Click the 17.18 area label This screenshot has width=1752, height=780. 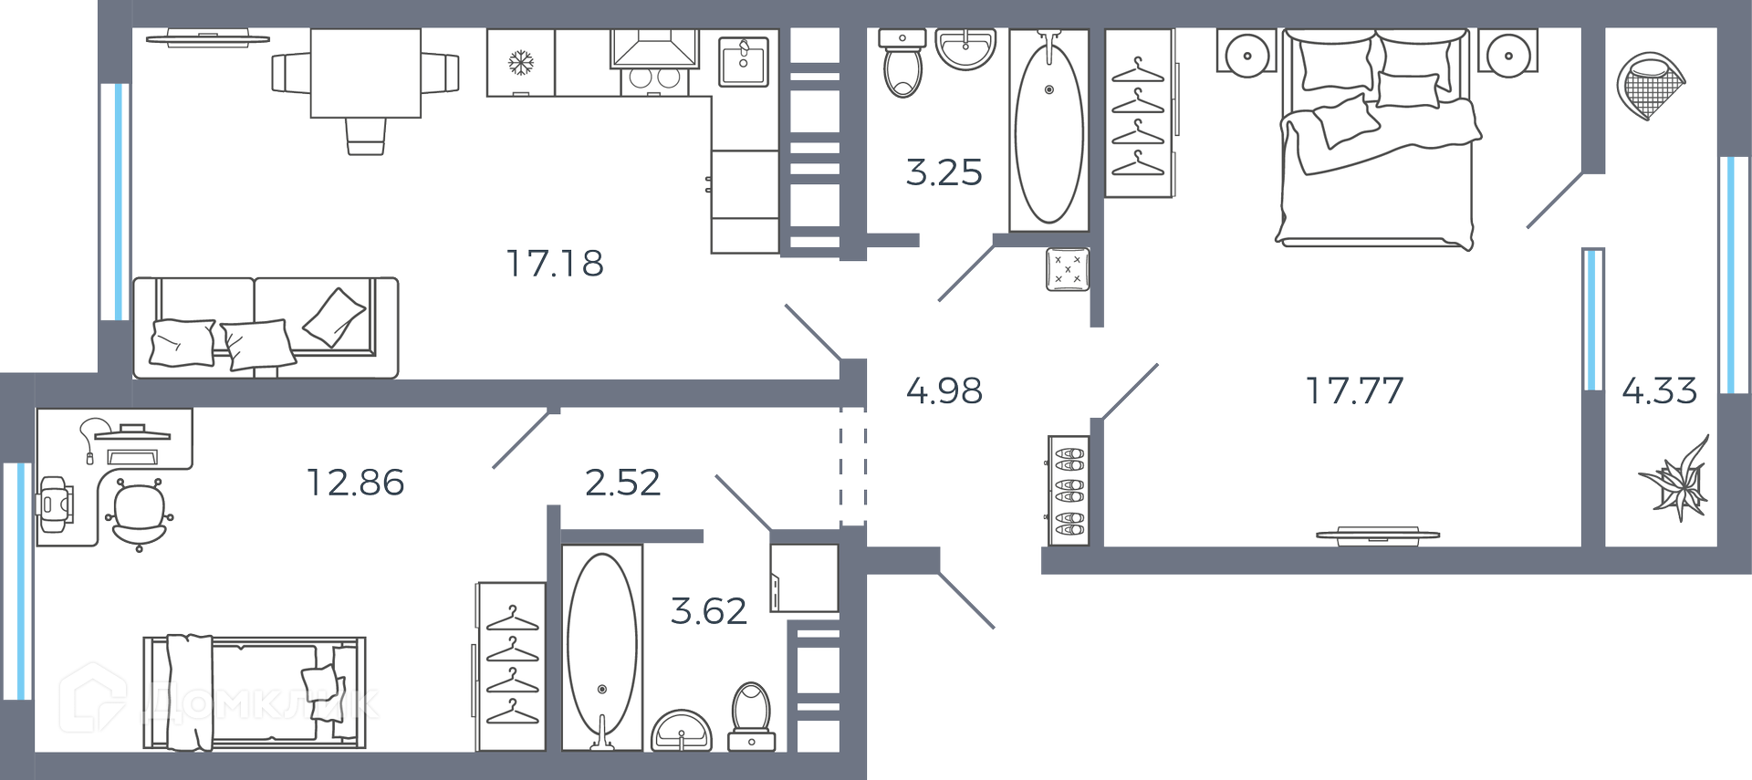(555, 264)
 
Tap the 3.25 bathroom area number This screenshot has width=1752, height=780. (944, 172)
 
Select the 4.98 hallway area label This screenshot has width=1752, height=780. (944, 390)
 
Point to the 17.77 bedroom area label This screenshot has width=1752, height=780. (1354, 390)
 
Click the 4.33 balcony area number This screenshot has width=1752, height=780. (1659, 390)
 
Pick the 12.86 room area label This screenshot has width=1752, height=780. (355, 483)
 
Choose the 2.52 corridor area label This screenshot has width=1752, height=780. (622, 483)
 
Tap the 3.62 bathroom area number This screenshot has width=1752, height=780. (709, 610)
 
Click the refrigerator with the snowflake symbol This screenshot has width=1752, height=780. (521, 62)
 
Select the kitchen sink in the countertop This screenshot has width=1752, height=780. (744, 62)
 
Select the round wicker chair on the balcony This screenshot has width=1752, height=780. (1650, 85)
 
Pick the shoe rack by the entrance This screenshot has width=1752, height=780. (1069, 491)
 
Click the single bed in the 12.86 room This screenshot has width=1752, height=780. (255, 693)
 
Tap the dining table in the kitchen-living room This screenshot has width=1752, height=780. (365, 73)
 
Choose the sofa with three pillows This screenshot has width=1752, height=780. (266, 328)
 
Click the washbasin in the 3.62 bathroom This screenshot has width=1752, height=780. (682, 731)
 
